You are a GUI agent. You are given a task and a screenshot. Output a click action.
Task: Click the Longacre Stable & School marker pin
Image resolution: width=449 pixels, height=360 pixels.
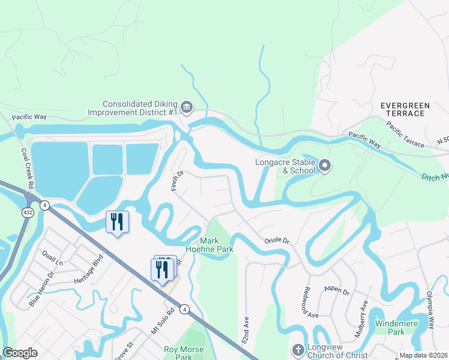(325, 166)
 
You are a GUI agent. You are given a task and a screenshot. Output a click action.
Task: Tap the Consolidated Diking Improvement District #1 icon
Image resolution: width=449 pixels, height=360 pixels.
(187, 107)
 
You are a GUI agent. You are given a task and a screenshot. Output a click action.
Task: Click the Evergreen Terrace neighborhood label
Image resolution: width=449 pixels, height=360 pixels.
(405, 109)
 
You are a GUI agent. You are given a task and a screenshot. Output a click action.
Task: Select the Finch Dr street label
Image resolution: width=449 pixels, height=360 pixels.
(176, 181)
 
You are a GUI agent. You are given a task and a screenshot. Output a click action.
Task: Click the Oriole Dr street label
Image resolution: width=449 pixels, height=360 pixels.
(277, 241)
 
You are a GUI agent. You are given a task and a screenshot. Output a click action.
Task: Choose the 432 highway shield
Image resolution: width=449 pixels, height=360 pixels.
(29, 212)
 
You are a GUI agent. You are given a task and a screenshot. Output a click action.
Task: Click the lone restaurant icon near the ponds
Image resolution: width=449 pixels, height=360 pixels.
(116, 222)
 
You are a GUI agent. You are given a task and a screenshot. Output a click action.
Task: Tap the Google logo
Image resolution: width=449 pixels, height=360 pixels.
(20, 353)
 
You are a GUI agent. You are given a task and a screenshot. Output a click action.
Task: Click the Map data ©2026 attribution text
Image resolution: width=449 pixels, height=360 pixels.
(423, 355)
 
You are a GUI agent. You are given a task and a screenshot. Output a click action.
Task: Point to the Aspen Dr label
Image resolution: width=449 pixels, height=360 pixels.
(336, 291)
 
